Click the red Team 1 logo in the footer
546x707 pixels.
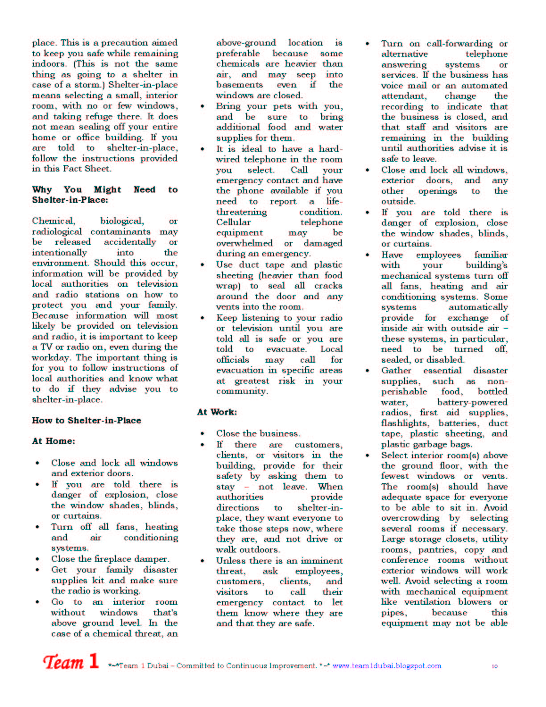[x=70, y=661]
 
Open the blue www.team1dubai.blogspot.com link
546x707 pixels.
[x=387, y=665]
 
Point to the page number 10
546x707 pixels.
[x=495, y=666]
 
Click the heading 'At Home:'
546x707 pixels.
[x=54, y=441]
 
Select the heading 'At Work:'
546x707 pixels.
[x=217, y=412]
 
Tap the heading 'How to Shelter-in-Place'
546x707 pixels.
[x=87, y=420]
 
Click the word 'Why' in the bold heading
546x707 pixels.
[x=42, y=189]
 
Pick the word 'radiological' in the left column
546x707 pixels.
[x=57, y=231]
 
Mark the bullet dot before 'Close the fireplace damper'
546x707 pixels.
[x=37, y=559]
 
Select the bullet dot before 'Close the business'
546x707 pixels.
[x=203, y=434]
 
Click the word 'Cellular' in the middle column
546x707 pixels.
[x=233, y=222]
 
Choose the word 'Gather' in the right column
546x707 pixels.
[x=396, y=370]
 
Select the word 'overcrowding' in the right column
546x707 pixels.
[x=410, y=518]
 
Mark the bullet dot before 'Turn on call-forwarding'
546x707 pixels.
[x=368, y=44]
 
